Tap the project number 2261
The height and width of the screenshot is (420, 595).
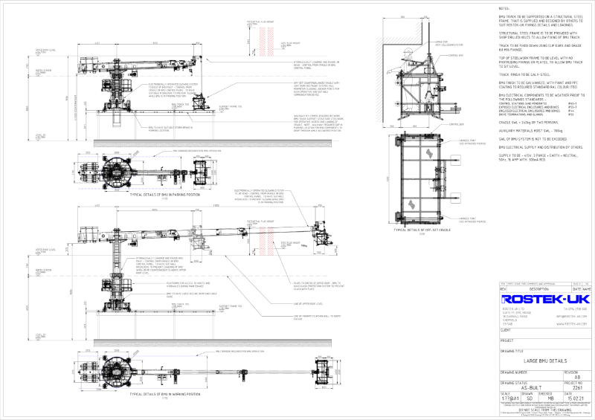(x=570, y=387)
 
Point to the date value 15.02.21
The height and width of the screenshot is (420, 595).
(x=570, y=398)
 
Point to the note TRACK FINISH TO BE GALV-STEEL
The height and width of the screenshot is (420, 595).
(x=524, y=75)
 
